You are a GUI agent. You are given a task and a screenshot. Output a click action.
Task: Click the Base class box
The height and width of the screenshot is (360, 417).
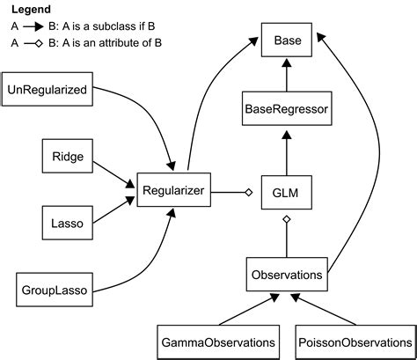pos(288,41)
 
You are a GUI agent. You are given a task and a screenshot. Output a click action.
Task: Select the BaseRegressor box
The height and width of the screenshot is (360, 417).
pos(288,110)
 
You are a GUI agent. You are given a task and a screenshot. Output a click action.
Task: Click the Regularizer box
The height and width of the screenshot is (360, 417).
pos(174,189)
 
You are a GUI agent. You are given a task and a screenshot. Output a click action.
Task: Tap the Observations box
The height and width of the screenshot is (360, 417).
pos(287,275)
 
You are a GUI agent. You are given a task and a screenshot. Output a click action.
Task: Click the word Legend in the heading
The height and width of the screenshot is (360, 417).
pos(30,10)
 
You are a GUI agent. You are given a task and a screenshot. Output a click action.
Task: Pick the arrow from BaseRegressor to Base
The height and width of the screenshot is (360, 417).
pos(287,75)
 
